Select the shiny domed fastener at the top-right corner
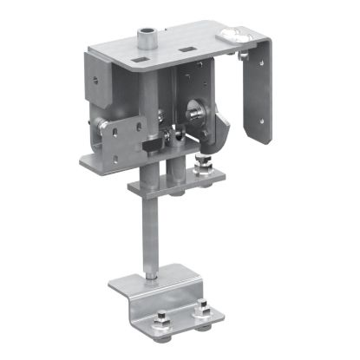235,36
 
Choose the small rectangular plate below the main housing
169,185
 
